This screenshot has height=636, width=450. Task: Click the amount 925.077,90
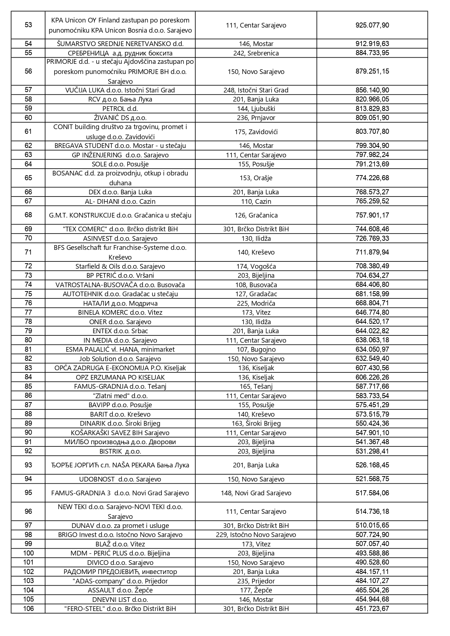[x=372, y=25]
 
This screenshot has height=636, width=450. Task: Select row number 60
[x=28, y=117]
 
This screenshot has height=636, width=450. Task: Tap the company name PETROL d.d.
[x=120, y=108]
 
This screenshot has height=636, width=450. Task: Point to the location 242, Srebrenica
[x=256, y=53]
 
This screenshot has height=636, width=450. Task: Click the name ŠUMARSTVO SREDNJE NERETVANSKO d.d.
[x=120, y=44]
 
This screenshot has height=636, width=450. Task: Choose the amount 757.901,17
[x=372, y=215]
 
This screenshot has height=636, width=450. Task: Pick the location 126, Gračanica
[x=256, y=215]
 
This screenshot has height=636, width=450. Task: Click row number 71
[x=28, y=252]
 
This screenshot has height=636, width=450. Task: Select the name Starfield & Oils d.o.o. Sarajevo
[x=120, y=266]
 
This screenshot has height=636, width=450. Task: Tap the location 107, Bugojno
[x=256, y=350]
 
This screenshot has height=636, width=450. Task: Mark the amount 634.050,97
[x=372, y=349]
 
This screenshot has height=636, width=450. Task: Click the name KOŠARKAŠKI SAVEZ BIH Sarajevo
[x=120, y=433]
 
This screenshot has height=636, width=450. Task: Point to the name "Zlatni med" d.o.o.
[x=120, y=396]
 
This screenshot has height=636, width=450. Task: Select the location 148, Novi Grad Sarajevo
[x=256, y=493]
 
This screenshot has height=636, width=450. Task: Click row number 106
[x=28, y=608]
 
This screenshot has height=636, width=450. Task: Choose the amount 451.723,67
[x=372, y=608]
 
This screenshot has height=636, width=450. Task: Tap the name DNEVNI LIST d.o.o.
[x=120, y=599]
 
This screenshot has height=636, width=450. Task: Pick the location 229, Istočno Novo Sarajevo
[x=256, y=534]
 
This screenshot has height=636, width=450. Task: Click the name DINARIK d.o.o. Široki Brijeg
[x=120, y=423]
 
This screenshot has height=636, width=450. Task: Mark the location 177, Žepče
[x=256, y=590]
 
